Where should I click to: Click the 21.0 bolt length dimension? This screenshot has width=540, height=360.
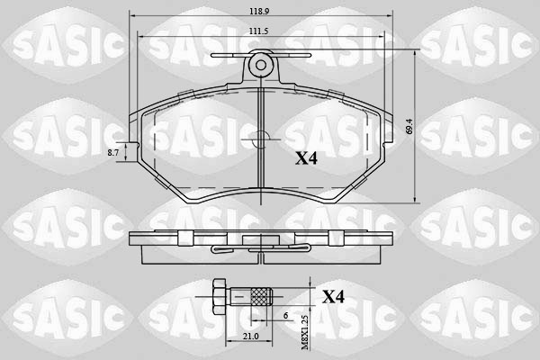(226, 336)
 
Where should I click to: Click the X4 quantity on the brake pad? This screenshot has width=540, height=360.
(307, 158)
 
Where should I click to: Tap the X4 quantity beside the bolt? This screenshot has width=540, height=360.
(334, 296)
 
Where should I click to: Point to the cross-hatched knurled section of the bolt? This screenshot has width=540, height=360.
(260, 295)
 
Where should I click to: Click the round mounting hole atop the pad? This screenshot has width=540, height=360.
(261, 64)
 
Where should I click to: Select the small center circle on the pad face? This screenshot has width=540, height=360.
(260, 139)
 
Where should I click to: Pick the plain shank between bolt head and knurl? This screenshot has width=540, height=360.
(238, 295)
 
